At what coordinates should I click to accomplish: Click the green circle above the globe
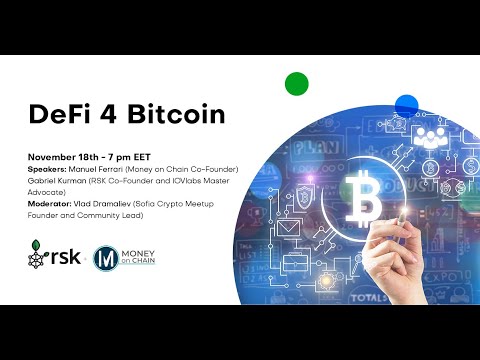click(296, 83)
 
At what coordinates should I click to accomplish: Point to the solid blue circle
click(406, 105)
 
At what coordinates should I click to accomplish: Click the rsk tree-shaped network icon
click(39, 257)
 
